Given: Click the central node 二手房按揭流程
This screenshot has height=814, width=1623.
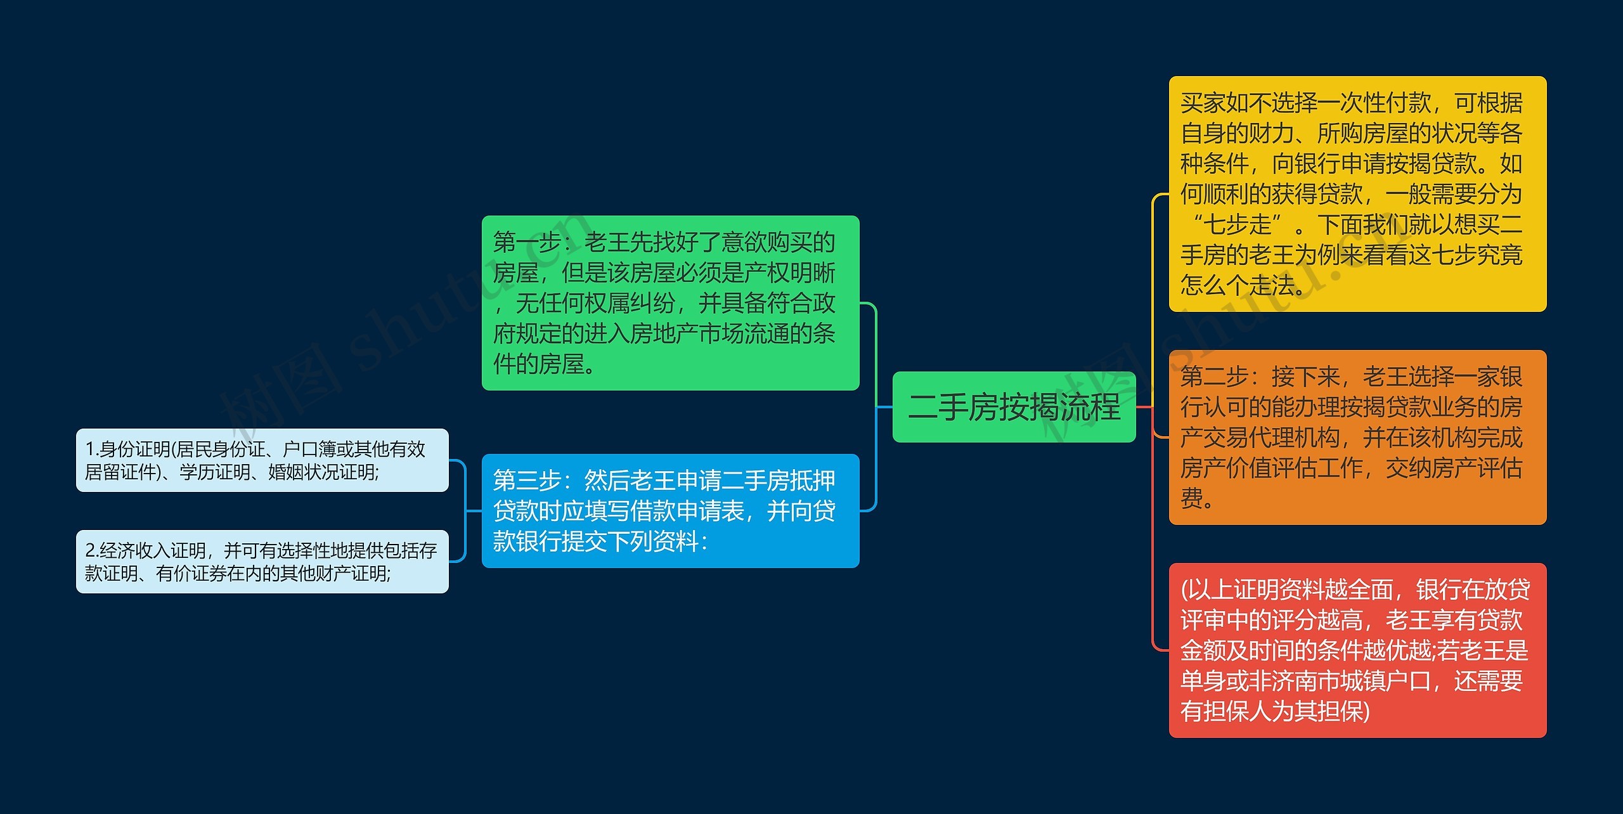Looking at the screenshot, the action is coord(1014,407).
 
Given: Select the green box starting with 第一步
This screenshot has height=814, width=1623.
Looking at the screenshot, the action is coord(670,303).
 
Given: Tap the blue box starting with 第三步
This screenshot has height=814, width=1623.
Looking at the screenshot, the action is coord(670,511).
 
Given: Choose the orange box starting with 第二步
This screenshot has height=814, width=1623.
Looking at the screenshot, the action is coord(1357,437).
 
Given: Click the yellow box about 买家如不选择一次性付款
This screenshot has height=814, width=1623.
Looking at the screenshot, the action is coord(1357,194).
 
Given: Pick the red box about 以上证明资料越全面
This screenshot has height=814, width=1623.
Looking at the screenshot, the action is coord(1357,650).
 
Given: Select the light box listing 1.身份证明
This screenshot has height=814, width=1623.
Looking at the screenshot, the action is coord(262,460).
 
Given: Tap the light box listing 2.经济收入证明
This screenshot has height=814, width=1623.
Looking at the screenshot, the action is coord(262,562).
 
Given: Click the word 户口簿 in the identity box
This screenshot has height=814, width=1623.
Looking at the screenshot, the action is coord(309,449).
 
